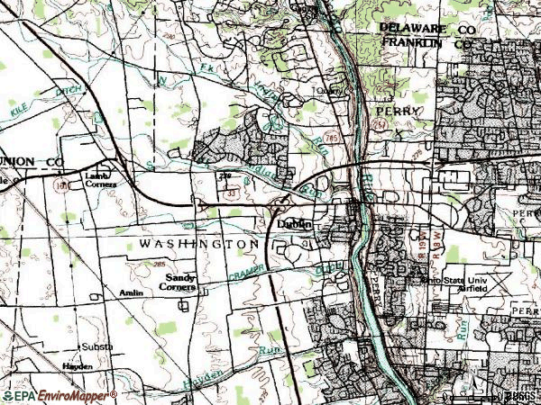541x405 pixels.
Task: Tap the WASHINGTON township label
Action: [199, 244]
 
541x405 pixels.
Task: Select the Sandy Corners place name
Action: [179, 283]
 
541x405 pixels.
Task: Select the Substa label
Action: [97, 346]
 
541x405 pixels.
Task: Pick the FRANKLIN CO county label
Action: [425, 42]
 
